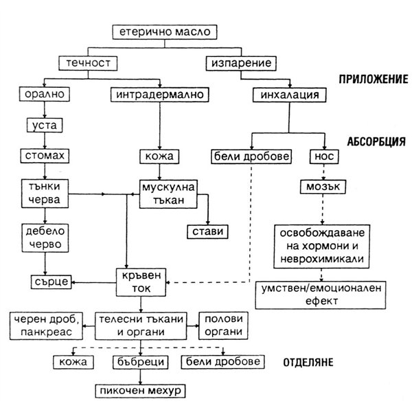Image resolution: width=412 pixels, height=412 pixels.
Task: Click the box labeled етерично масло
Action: [165, 32]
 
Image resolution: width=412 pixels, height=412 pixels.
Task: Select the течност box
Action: [88, 63]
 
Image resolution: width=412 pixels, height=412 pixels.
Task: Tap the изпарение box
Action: [241, 63]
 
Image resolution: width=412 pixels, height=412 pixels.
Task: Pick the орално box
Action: [45, 94]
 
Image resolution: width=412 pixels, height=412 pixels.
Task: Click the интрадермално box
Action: [160, 95]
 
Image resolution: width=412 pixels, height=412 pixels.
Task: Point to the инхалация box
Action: [290, 95]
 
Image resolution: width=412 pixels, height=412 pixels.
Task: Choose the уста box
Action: [45, 126]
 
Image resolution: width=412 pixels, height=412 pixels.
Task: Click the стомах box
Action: [45, 156]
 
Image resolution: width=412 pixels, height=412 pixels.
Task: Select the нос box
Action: [324, 157]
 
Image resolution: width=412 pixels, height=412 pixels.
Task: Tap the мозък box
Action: [323, 187]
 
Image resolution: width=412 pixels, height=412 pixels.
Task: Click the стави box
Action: [207, 232]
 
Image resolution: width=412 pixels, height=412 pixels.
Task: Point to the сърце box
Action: [51, 282]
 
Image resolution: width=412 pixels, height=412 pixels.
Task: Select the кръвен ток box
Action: [141, 282]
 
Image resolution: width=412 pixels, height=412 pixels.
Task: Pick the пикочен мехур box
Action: [141, 391]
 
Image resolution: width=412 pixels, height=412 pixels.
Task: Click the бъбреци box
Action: [141, 362]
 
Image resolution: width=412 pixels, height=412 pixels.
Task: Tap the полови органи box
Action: [223, 325]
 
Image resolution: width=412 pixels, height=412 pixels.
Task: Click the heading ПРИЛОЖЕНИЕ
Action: [374, 79]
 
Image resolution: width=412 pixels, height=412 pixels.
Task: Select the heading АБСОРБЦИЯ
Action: [376, 141]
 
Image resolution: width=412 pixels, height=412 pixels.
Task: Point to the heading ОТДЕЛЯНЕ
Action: [308, 363]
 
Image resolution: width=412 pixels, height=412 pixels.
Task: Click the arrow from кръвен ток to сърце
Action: [94, 282]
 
